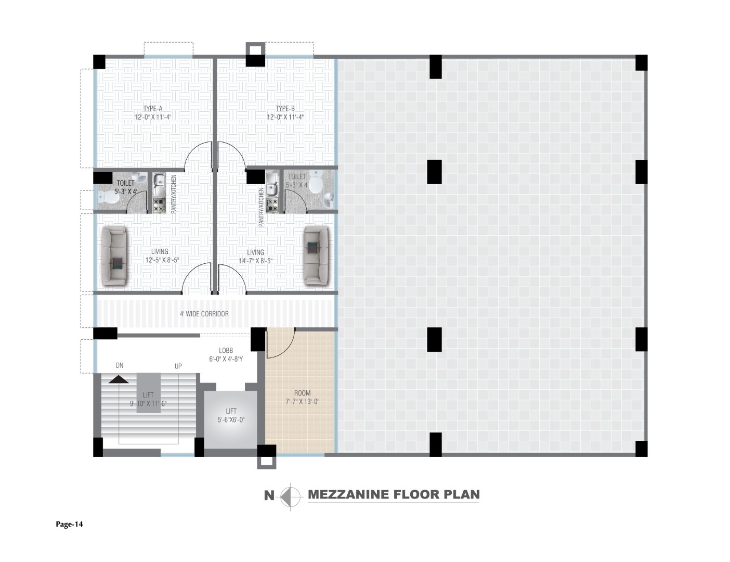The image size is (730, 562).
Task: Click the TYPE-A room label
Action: [x=153, y=109]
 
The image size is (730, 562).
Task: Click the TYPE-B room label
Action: [x=285, y=109]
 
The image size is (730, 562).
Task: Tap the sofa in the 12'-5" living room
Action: [x=114, y=257]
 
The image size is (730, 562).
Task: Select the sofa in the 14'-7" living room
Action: [x=316, y=256]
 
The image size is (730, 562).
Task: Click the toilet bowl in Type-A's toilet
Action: [x=108, y=198]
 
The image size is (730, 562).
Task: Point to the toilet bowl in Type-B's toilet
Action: [x=316, y=182]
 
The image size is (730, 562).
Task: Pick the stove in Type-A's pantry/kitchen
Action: [x=159, y=205]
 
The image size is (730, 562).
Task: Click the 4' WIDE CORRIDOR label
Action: [x=204, y=314]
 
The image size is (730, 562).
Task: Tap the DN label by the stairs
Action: [x=120, y=365]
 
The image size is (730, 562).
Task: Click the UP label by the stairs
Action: [x=178, y=366]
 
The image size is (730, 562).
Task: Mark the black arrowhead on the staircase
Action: [x=119, y=379]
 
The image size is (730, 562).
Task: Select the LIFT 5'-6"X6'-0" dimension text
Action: [x=231, y=420]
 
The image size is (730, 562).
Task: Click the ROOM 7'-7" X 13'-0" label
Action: [x=303, y=397]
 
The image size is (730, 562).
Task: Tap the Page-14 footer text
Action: [x=69, y=525]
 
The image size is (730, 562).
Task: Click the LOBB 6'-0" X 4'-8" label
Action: [x=226, y=354]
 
